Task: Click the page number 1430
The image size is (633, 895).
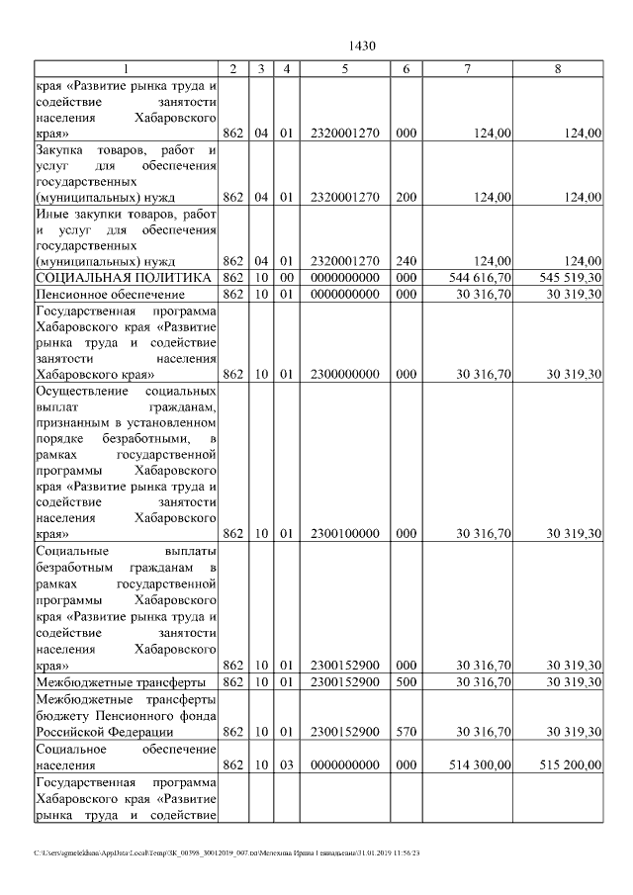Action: (x=362, y=46)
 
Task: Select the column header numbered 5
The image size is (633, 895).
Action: (x=344, y=68)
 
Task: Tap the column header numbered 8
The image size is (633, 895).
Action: (x=558, y=68)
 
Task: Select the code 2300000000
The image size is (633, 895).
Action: (x=344, y=375)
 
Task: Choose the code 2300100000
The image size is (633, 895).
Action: (x=344, y=534)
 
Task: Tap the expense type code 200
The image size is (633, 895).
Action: (x=405, y=197)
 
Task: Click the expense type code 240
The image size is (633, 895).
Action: (x=405, y=261)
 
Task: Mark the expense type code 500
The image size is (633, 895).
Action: (x=405, y=683)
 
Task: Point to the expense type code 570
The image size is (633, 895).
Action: (x=405, y=732)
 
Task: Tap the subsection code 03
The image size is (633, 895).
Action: (x=285, y=764)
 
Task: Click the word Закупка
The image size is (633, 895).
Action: (x=59, y=149)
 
